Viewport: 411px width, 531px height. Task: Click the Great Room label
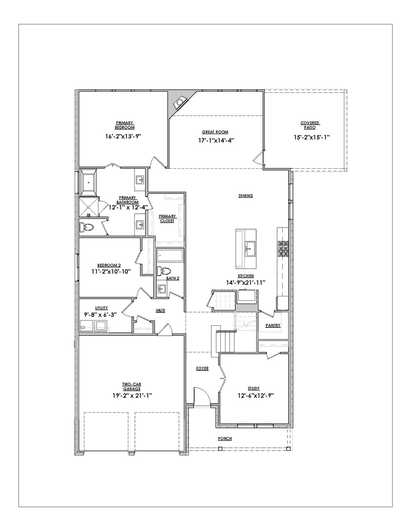(215, 132)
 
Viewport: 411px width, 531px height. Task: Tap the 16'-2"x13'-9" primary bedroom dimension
(123, 136)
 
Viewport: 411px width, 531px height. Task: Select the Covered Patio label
(310, 125)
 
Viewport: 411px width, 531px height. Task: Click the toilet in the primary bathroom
(86, 228)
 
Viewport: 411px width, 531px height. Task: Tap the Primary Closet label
(167, 218)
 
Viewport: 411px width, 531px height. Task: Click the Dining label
(246, 196)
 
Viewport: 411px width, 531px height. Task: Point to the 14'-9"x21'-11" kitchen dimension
(246, 282)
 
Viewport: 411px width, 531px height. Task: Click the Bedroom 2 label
(109, 265)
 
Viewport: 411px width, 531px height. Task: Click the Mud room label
(161, 310)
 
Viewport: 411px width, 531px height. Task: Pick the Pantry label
(273, 325)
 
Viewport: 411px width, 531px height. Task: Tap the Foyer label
(202, 368)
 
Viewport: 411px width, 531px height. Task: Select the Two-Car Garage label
(132, 386)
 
